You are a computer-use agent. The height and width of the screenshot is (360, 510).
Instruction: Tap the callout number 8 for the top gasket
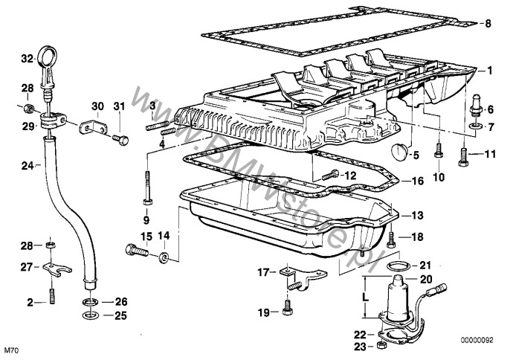[x=487, y=24]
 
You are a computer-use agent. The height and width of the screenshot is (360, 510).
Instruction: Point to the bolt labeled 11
[x=463, y=156]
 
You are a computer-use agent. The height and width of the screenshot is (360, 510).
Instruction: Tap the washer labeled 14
[x=164, y=257]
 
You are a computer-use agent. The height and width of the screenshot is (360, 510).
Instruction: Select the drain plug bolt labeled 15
[x=137, y=251]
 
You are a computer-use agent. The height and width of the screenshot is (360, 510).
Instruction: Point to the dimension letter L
[x=366, y=298]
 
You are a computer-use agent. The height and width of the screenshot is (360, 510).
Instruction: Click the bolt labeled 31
[x=120, y=140]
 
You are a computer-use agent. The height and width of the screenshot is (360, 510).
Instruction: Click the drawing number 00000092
[x=477, y=341]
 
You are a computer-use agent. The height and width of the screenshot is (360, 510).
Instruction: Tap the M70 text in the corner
[x=12, y=351]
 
